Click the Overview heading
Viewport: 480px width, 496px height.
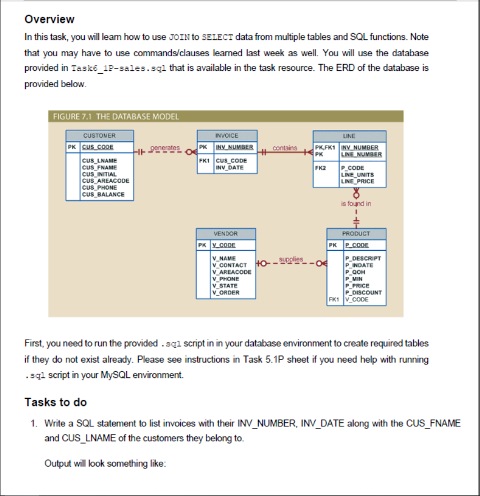[49, 19]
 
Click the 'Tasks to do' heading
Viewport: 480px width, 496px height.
[56, 402]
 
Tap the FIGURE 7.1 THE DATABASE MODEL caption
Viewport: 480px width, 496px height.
[116, 117]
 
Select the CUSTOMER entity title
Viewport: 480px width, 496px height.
[99, 136]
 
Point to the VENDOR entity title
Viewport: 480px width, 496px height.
[226, 233]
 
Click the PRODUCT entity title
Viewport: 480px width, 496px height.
[356, 233]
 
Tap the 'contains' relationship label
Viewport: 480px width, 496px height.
[285, 148]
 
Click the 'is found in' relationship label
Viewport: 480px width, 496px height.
[356, 204]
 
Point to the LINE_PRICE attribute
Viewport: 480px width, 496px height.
[357, 181]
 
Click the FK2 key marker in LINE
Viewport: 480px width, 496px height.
[320, 168]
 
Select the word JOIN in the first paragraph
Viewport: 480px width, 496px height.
[179, 37]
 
